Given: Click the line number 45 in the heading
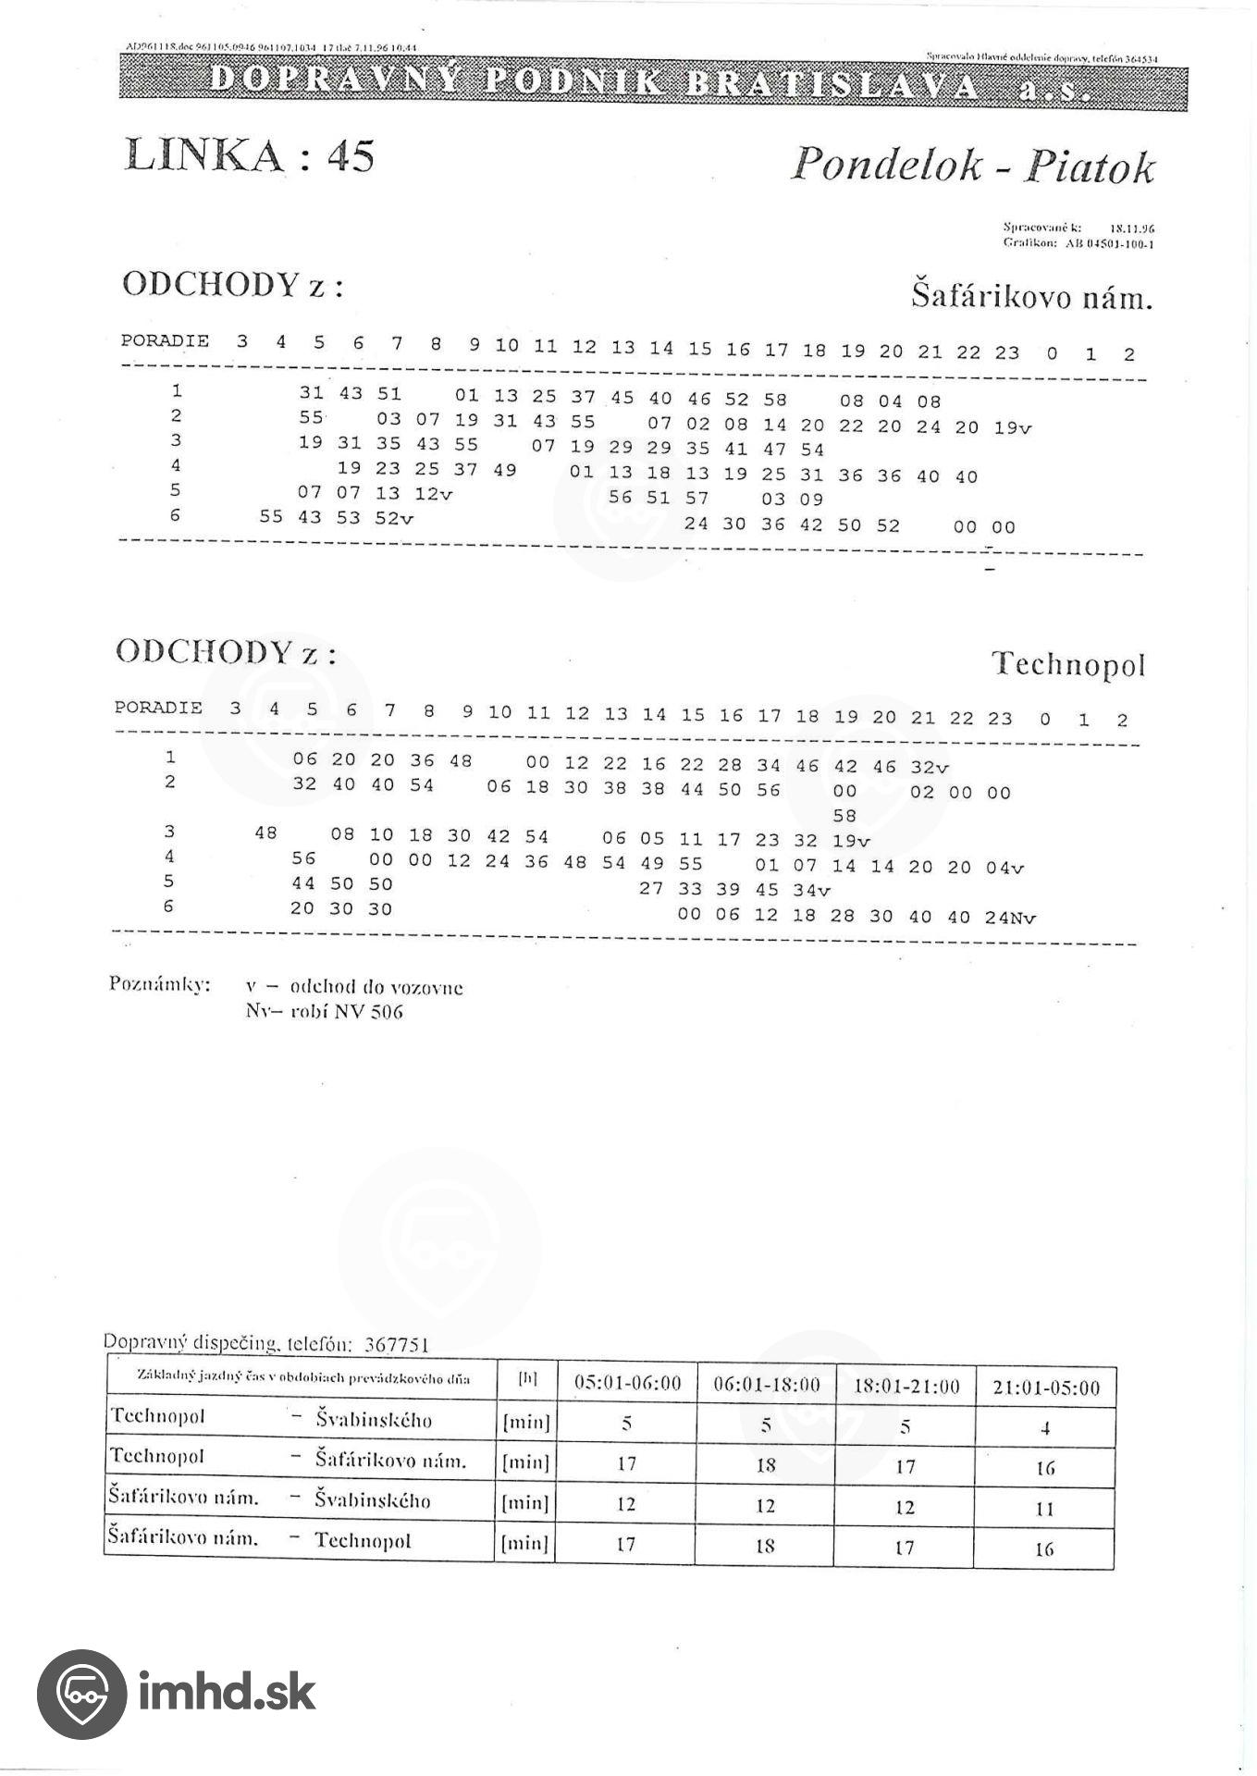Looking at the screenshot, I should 351,154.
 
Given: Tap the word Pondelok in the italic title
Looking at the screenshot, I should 885,166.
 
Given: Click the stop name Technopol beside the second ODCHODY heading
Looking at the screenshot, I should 1068,664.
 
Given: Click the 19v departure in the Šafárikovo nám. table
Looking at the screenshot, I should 1013,427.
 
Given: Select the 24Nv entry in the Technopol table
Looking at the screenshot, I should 1010,918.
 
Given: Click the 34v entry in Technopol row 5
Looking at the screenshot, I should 812,891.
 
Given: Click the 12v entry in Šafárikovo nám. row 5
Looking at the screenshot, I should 433,494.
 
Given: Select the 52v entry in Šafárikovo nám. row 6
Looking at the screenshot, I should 394,519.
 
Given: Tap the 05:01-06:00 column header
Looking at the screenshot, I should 627,1384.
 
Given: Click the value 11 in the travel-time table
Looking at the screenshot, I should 1044,1509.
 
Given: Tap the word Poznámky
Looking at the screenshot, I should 159,983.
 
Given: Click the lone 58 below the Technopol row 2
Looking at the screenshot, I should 844,816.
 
